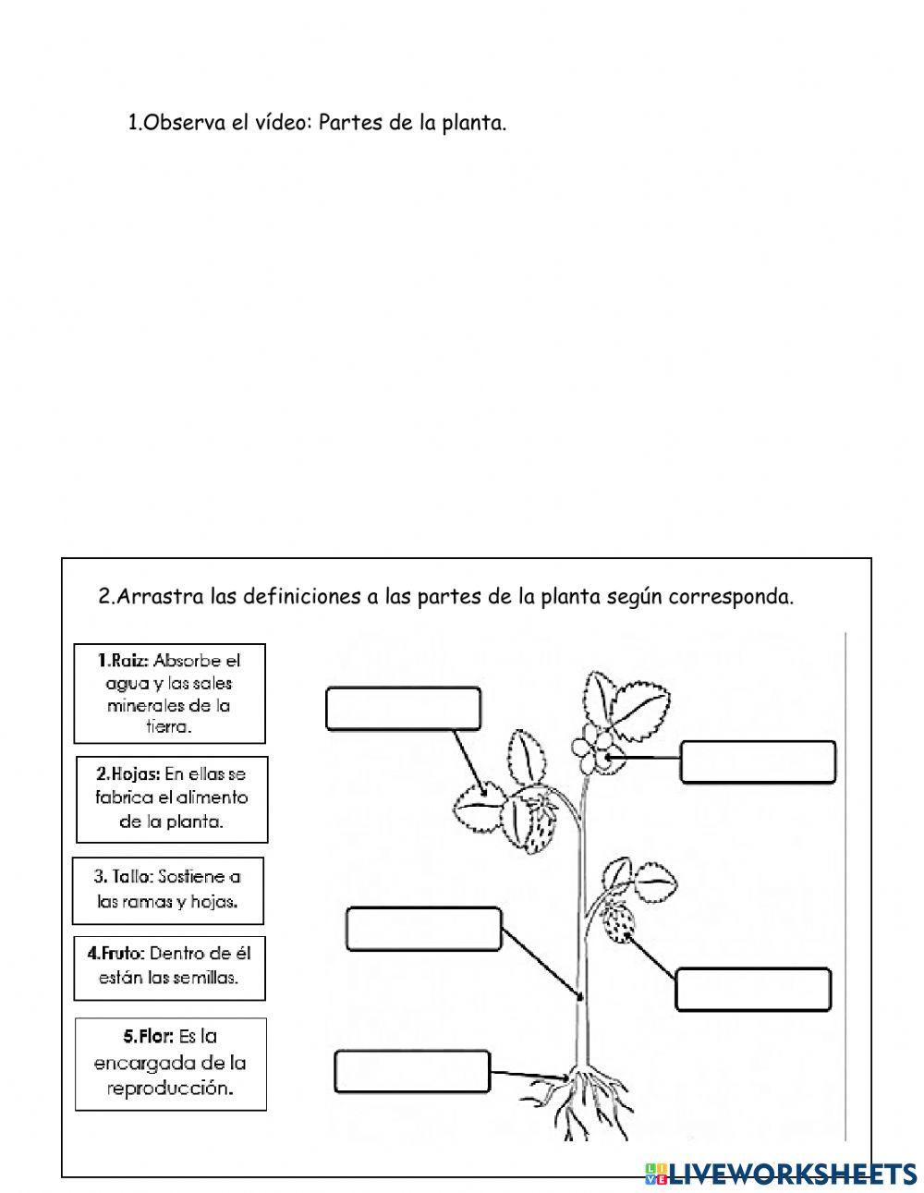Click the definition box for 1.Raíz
169,693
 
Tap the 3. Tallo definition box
167,890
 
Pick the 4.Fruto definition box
169,966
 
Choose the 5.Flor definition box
169,1063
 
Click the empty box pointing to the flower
758,761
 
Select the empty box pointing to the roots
411,1070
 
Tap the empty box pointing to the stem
423,929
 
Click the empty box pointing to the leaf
403,708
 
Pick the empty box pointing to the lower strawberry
754,989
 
